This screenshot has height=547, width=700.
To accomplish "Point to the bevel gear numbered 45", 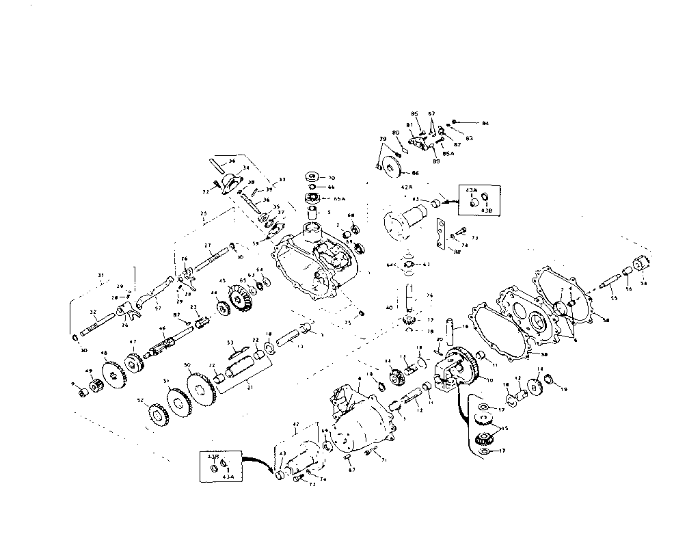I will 239,299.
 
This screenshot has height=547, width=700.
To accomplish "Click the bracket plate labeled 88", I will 440,235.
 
